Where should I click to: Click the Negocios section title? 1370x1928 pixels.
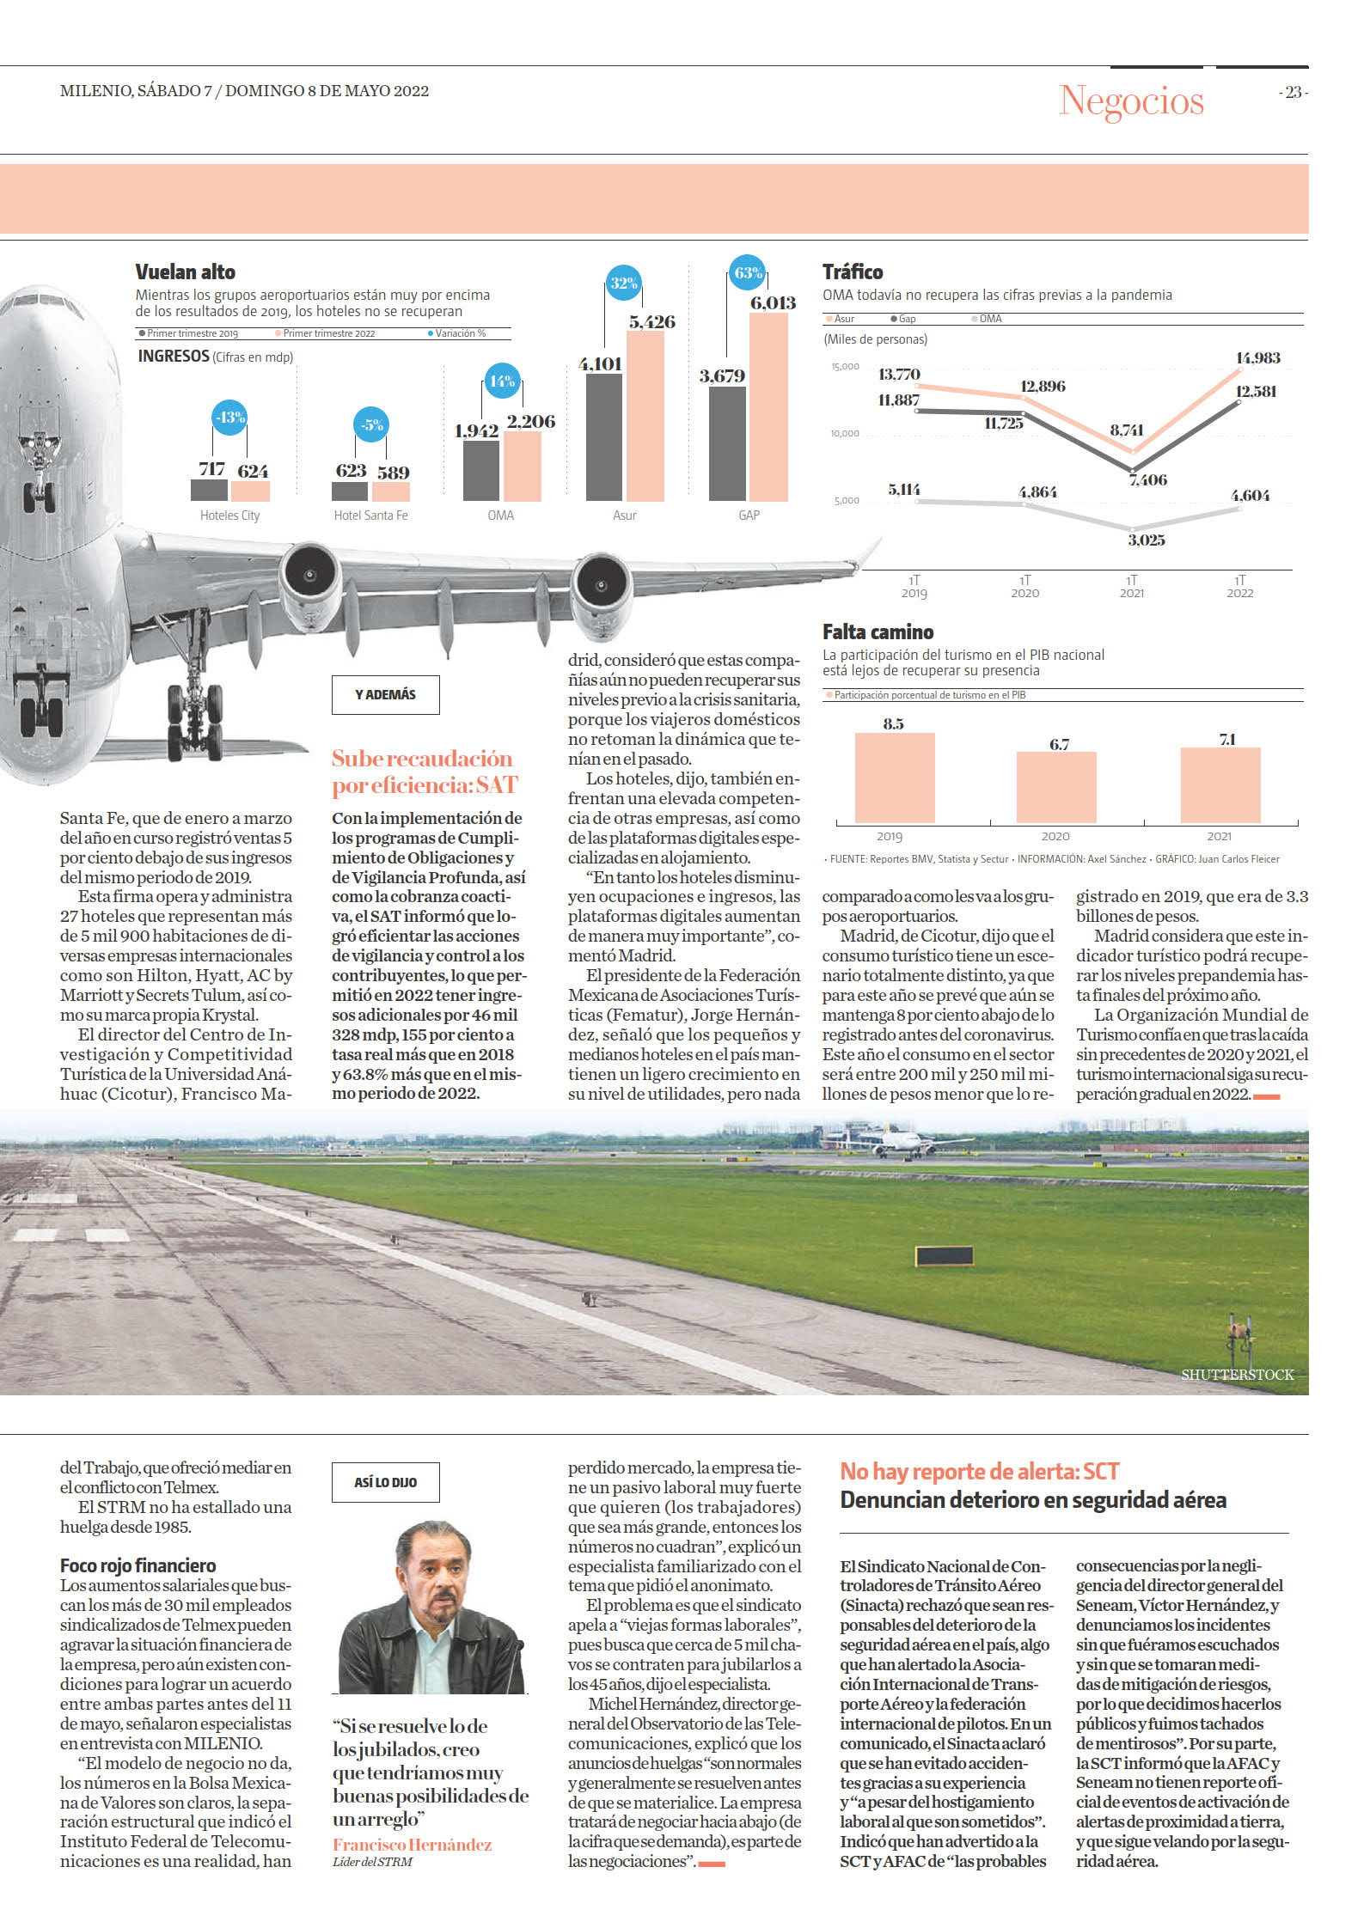point(1131,101)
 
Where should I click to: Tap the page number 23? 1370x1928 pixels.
point(1293,92)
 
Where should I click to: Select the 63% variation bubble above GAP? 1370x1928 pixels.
point(747,273)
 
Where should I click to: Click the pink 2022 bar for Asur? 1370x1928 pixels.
point(645,416)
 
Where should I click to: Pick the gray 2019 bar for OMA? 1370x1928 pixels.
point(481,470)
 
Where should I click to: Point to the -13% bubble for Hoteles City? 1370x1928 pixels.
point(229,418)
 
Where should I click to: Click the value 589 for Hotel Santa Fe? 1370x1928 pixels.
point(393,473)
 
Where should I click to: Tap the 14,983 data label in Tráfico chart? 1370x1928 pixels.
point(1257,357)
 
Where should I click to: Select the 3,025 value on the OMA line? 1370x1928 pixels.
point(1147,540)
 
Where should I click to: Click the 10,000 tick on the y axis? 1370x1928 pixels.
point(844,434)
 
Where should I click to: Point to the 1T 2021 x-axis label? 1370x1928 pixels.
point(1132,587)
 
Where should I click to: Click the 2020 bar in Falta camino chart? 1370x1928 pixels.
point(1056,787)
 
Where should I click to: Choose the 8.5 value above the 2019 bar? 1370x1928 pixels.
point(894,723)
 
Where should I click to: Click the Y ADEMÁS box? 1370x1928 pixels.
point(385,694)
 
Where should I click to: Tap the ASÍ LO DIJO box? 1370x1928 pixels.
point(385,1481)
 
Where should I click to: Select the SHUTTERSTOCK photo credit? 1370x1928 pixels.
point(1237,1375)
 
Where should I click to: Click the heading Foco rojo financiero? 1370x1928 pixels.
point(138,1565)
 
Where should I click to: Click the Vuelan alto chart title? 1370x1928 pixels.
point(185,272)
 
